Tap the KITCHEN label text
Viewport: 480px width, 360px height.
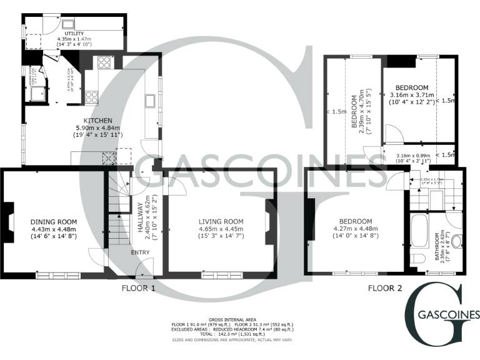(x=98, y=120)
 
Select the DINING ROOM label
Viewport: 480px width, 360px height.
(x=54, y=222)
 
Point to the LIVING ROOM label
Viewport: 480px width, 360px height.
(x=221, y=222)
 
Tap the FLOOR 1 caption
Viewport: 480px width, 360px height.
(x=139, y=288)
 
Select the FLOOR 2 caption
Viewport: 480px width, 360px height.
(x=384, y=288)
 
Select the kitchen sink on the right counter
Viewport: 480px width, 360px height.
(x=151, y=101)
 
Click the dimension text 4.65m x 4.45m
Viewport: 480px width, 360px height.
(x=221, y=229)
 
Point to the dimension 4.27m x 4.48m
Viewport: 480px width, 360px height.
(x=355, y=229)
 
